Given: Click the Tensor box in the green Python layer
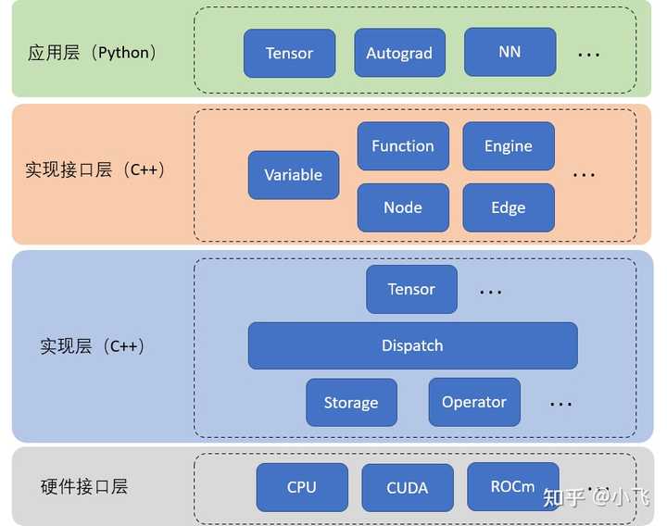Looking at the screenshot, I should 289,53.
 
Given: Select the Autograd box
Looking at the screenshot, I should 399,53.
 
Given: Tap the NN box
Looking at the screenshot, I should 510,52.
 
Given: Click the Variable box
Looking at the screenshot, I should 294,175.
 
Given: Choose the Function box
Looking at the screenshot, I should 403,146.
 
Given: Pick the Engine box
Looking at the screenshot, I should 509,146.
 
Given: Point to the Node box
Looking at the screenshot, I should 403,207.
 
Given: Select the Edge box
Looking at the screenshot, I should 509,207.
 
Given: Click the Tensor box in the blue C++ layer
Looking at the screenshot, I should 412,289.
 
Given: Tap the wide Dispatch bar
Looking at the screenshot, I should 412,345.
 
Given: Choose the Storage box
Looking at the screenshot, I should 351,403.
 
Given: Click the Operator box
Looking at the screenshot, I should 474,402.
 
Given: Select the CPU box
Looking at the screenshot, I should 302,487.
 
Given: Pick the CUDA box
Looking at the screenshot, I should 408,487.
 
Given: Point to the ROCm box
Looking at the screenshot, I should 513,486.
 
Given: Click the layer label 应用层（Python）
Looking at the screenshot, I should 93,53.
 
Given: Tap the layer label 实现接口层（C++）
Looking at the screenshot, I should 94,170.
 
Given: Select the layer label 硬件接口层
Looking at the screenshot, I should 84,487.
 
